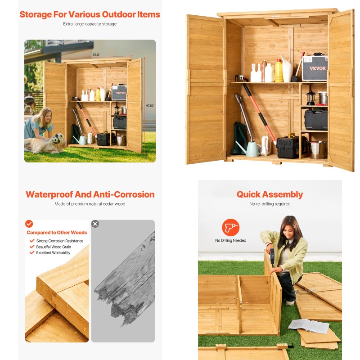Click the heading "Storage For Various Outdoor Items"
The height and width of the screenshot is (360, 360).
coord(90,14)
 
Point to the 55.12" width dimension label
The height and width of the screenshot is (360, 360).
coord(97,55)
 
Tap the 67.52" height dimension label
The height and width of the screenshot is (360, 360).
coord(150,106)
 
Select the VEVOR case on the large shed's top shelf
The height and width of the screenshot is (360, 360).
coord(314,68)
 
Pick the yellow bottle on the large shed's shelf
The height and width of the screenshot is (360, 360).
coord(279,71)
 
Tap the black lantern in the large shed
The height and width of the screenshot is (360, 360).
coord(310,97)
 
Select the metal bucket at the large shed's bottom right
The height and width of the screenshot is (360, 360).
coord(318,149)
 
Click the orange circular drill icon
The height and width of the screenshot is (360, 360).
coord(230,227)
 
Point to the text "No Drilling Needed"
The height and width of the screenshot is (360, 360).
coord(230,241)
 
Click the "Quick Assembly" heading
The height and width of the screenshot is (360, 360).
coord(270,194)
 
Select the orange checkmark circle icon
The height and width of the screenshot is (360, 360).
coord(29,224)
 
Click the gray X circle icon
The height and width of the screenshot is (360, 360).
coord(95,224)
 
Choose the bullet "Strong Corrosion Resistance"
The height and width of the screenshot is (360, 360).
coord(59,241)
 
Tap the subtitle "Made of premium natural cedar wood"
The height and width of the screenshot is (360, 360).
coord(90,204)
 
